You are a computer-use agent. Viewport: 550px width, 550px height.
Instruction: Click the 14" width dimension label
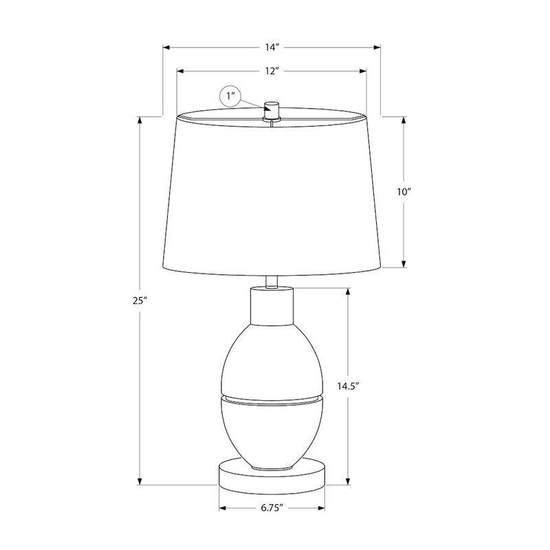(272, 47)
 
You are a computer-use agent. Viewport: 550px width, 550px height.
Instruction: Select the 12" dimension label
(272, 70)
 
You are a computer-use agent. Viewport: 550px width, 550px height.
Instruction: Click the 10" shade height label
(403, 192)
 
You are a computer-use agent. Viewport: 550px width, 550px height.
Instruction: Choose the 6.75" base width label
(272, 508)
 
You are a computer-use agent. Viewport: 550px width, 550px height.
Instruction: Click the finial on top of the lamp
(273, 110)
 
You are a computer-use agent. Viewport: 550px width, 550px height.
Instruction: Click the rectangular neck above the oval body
(272, 305)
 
